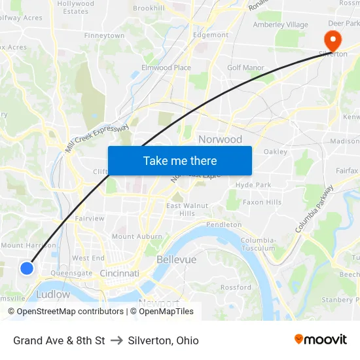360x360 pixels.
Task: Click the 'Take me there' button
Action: click(180, 160)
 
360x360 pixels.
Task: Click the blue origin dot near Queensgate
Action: click(27, 268)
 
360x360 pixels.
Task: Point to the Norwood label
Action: click(220, 139)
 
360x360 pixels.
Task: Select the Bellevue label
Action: click(176, 260)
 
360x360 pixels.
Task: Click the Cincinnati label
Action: click(119, 273)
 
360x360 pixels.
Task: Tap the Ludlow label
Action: click(53, 295)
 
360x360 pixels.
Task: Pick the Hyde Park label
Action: click(253, 185)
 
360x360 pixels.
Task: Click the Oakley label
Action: click(275, 151)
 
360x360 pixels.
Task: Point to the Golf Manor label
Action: click(245, 67)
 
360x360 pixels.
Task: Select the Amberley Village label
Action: click(280, 25)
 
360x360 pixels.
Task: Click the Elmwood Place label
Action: click(166, 67)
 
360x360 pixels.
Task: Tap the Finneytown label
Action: click(104, 35)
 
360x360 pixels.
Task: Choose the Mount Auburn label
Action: click(137, 236)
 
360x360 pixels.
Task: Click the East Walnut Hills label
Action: click(187, 209)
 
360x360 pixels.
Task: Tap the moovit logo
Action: click(320, 340)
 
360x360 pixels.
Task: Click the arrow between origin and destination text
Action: click(117, 340)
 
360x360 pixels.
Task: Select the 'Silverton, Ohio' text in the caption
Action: click(163, 340)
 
